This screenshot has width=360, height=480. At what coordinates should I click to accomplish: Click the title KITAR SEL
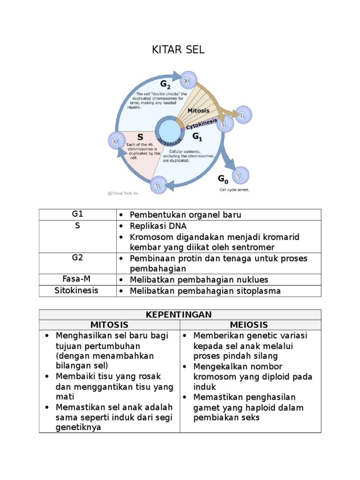[x=178, y=50]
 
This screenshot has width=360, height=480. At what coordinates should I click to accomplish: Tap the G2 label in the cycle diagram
[x=165, y=85]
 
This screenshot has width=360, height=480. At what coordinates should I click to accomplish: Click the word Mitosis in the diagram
[x=198, y=111]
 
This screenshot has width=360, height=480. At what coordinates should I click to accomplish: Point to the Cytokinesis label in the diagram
[x=202, y=125]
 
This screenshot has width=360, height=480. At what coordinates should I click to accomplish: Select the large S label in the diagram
[x=140, y=137]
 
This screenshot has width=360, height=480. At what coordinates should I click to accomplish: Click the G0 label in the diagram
[x=223, y=179]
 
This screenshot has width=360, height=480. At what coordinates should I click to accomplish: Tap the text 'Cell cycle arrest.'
[x=234, y=190]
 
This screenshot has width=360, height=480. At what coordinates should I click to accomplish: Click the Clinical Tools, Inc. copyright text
[x=123, y=193]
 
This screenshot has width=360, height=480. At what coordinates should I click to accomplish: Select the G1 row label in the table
[x=77, y=214]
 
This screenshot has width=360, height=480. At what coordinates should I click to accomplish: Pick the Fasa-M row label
[x=77, y=279]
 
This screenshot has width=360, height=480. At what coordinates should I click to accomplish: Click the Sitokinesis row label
[x=77, y=291]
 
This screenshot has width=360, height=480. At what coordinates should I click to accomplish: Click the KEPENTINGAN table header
[x=180, y=314]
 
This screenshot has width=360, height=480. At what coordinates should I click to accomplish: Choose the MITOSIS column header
[x=109, y=325]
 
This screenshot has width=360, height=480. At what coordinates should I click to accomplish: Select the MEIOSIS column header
[x=249, y=325]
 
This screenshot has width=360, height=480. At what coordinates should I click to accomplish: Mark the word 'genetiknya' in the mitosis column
[x=78, y=427]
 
